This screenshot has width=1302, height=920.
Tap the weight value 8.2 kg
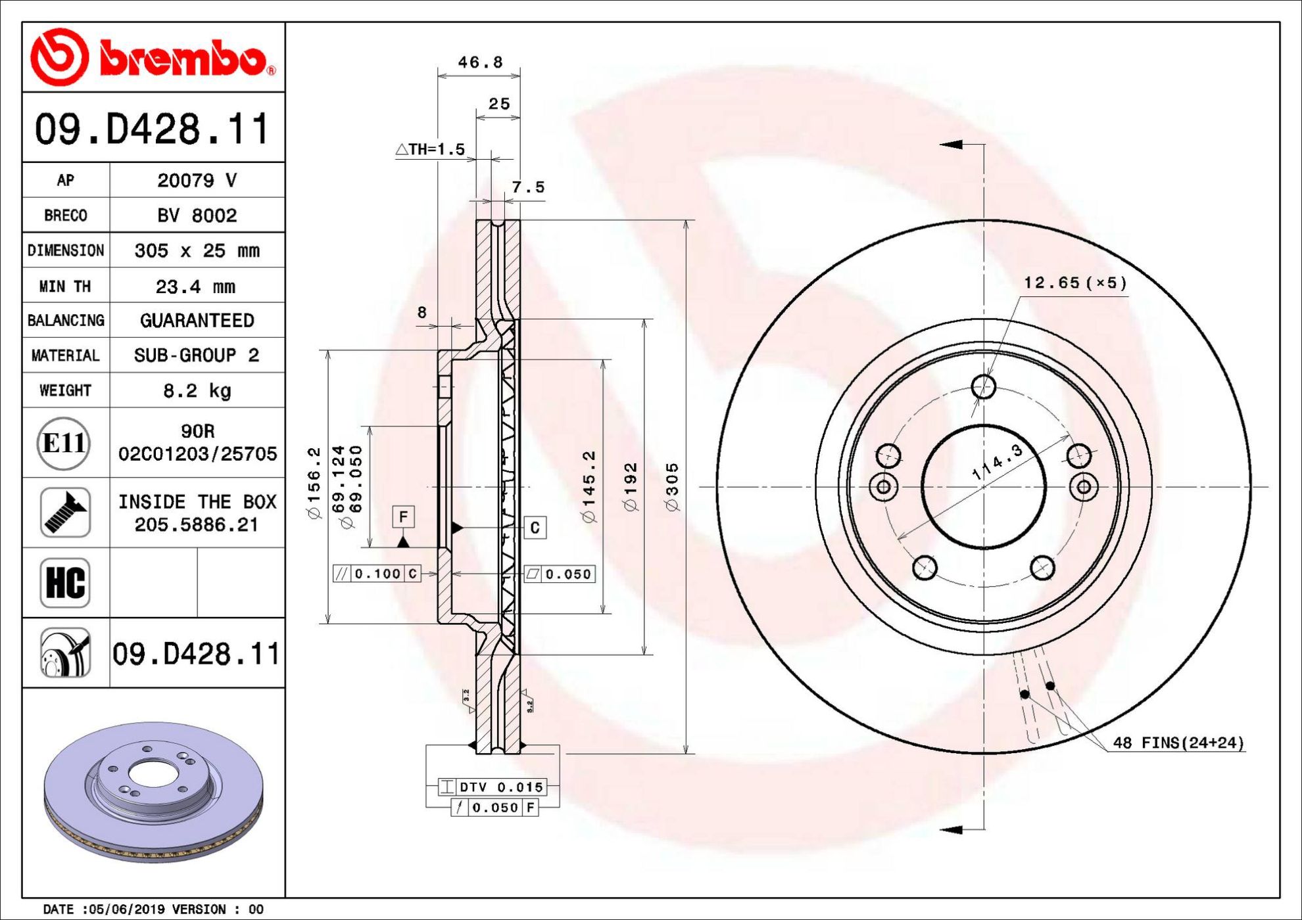point(197,391)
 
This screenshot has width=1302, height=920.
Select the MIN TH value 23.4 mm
point(195,287)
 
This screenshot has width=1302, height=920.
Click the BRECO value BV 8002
point(197,216)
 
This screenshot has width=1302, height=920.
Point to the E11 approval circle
point(63,443)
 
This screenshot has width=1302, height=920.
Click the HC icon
point(65,583)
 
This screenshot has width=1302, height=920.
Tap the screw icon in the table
point(65,513)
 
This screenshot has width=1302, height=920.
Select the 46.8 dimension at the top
point(480,62)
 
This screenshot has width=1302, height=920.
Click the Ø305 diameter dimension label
point(672,487)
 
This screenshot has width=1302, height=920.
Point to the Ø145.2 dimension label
point(589,487)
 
